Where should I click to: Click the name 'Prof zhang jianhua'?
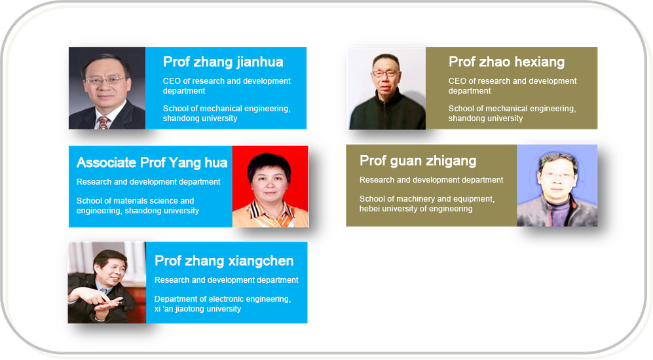pos(223,62)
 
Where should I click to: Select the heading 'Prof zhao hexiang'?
pos(506,62)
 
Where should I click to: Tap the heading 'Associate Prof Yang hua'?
pos(152,162)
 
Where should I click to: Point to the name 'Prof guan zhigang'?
pos(418,161)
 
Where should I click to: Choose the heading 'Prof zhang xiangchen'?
pos(224,261)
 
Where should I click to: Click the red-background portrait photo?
pos(271,187)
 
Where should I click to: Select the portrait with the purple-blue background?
pos(557,186)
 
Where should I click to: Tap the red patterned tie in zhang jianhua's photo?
pos(102,122)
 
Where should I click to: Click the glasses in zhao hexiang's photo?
pos(385,74)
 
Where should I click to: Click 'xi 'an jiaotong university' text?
pos(198,309)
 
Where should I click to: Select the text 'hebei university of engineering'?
pos(416,209)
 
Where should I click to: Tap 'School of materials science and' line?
pos(136,200)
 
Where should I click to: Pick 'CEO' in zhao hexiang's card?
pos(458,81)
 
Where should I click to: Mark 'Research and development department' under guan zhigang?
pos(432,180)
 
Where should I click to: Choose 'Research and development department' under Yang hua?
pos(148,182)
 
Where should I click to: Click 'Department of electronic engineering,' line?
pos(223,299)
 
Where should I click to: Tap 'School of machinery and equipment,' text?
pos(427,199)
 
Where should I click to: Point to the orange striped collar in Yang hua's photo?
pos(270,212)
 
